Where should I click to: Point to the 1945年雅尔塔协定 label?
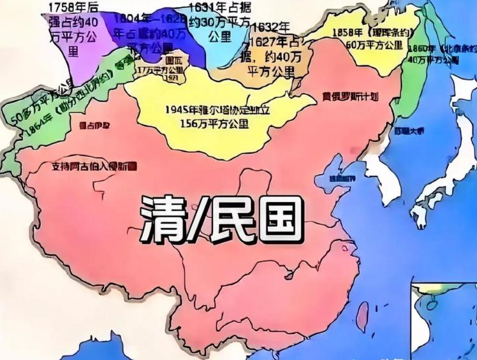point(217,110)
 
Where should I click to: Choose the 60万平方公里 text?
point(374,46)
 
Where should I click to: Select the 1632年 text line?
point(270,27)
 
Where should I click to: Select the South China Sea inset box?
point(443,319)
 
